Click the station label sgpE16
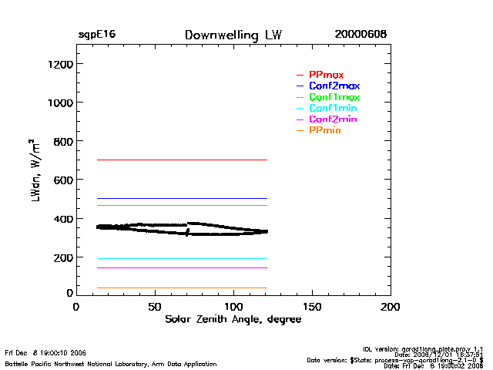click(97, 35)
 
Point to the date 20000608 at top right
click(361, 35)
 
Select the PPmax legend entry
click(326, 75)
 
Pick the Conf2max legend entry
click(334, 86)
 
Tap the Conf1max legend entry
click(334, 97)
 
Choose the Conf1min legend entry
click(333, 108)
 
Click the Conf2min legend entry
click(333, 119)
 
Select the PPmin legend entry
click(324, 130)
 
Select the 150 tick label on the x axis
click(312, 307)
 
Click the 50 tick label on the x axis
click(155, 307)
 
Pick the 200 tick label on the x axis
click(391, 307)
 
